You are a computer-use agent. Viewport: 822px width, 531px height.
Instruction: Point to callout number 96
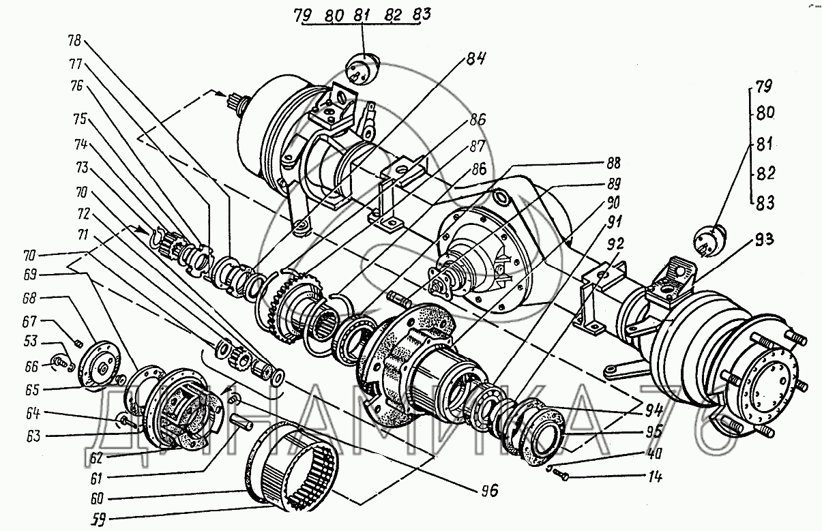click(490, 491)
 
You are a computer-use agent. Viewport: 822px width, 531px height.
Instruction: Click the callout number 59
click(98, 519)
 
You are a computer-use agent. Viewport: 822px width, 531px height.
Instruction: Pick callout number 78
click(74, 40)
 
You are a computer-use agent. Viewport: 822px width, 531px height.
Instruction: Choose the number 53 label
click(30, 341)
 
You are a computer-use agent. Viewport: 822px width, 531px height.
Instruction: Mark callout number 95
click(654, 431)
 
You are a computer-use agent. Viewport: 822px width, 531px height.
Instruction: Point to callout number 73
click(81, 168)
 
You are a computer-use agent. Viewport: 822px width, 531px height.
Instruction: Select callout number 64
click(33, 413)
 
